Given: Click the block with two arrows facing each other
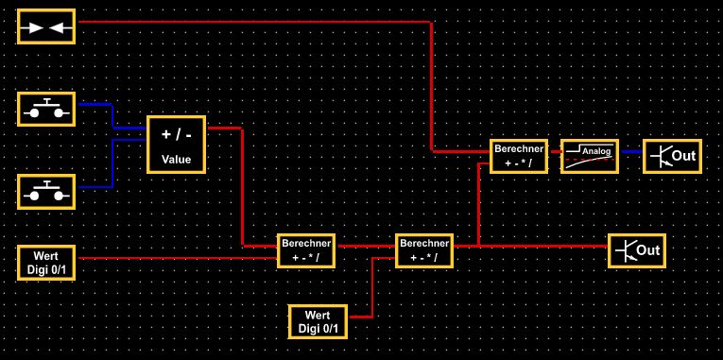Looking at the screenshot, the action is coord(46,26).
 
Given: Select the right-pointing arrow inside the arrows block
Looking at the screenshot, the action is coord(32,28).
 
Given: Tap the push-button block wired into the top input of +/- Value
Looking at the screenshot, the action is coord(46,109).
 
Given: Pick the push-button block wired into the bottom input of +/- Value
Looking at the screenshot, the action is coord(46,192).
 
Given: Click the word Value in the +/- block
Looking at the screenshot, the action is coord(176,160).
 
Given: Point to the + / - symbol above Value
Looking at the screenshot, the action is coord(176,134).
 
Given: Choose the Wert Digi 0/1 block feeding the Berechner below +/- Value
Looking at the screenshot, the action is coord(46,263).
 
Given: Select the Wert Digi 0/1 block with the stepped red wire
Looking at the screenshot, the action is coord(318,322).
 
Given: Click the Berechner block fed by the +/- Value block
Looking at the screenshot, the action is coord(306,250).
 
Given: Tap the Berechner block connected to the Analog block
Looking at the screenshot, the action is coord(519,156).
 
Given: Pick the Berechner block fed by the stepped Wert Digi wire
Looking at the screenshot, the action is coord(424,250).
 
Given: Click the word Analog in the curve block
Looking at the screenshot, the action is coord(596,151).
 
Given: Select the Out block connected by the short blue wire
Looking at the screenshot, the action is coord(672,156).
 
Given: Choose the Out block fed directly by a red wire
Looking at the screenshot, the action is coord(637,250).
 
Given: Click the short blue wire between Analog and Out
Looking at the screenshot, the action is coord(631,151).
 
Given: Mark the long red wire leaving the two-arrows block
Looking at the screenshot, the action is coord(431,22).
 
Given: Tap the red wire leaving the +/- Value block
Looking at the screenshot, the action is coord(243,186).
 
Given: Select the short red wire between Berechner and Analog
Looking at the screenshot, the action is coord(556,151).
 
